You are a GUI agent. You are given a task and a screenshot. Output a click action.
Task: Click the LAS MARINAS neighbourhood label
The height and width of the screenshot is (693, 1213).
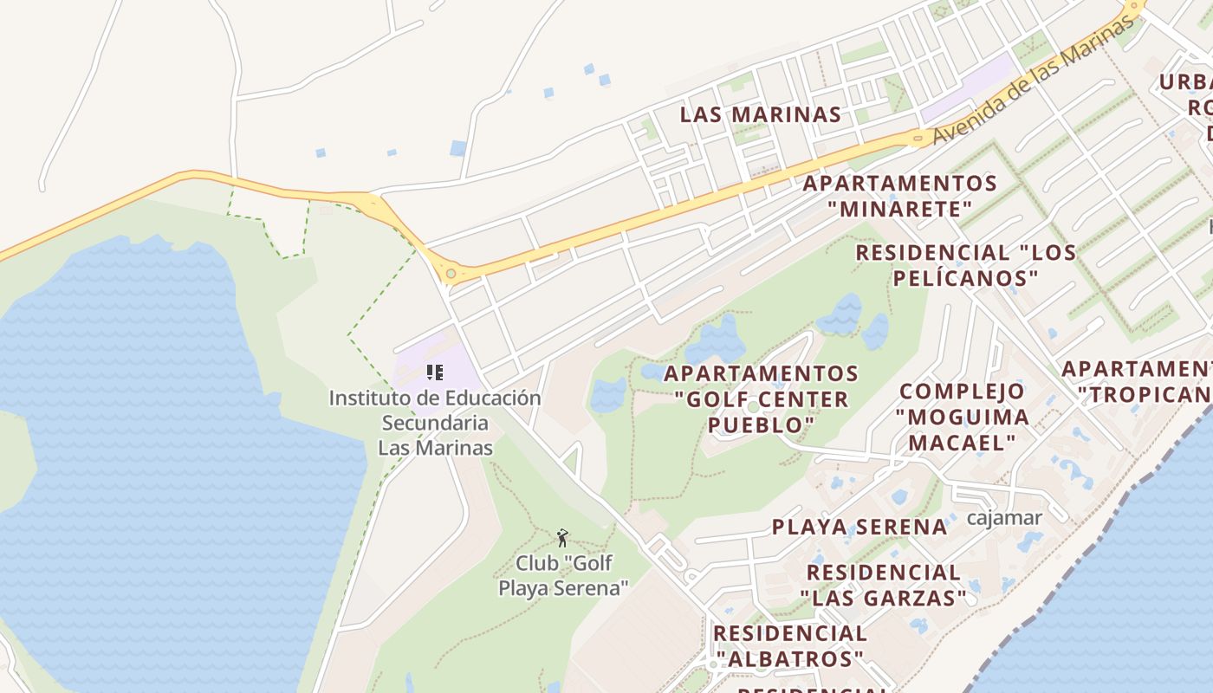(760, 114)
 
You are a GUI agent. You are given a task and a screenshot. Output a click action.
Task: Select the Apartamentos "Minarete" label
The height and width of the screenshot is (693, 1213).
(900, 196)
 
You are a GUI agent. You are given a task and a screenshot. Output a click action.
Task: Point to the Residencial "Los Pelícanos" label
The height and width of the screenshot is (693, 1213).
(965, 265)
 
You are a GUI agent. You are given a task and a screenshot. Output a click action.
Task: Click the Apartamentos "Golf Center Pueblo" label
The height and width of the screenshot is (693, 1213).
(761, 399)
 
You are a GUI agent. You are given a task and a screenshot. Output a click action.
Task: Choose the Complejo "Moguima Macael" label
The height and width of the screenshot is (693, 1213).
(962, 417)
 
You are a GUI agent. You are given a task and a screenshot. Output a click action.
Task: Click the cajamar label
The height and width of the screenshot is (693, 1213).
(1004, 518)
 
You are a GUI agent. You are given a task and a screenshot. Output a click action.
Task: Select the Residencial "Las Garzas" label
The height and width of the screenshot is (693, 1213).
(883, 585)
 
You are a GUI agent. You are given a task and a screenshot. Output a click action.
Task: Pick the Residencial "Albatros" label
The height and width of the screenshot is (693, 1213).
(789, 645)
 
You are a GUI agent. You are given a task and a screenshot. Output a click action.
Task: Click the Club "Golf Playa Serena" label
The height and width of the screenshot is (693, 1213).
(563, 575)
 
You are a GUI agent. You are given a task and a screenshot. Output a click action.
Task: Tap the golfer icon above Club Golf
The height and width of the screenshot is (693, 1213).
(562, 538)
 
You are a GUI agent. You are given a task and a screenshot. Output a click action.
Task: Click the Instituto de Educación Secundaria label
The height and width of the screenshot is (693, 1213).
(435, 423)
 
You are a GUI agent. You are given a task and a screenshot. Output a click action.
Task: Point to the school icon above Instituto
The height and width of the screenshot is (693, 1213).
(435, 373)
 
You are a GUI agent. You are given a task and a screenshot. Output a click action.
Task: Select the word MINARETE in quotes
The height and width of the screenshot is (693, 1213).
(900, 209)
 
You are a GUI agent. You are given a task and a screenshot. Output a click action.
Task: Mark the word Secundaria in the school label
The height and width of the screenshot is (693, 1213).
(435, 424)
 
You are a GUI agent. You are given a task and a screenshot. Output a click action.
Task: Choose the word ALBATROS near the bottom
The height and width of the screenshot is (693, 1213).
(790, 658)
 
